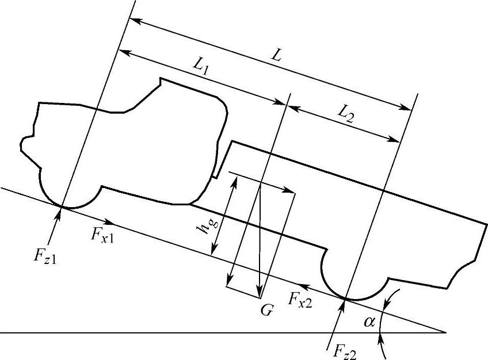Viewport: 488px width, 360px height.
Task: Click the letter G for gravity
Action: click(265, 310)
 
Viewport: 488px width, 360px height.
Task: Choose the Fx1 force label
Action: click(103, 235)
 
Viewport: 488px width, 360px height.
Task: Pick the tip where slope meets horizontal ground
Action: click(445, 332)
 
